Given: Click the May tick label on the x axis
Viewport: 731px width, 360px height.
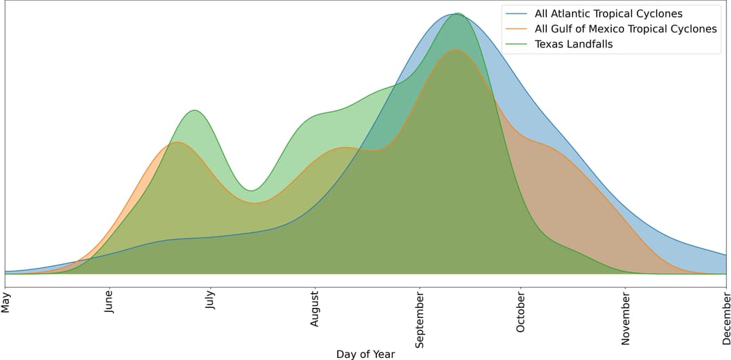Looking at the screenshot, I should tap(6, 302).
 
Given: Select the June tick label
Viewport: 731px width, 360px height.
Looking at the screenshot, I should tap(109, 303).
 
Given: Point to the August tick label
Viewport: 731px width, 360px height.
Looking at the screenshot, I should tap(314, 309).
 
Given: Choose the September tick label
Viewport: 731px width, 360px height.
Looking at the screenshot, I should tap(420, 318).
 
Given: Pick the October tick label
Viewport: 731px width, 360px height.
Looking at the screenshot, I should tap(520, 311).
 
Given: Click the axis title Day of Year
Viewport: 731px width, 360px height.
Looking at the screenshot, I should tap(365, 354).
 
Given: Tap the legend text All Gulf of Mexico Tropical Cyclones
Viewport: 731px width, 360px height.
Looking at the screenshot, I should tap(625, 29).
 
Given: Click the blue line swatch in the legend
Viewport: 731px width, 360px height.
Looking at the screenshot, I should tap(516, 14).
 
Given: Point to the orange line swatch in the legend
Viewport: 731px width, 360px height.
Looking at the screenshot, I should tap(516, 29).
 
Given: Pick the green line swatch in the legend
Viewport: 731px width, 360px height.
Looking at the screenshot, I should tap(516, 45).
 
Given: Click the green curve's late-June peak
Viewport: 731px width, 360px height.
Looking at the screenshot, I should tap(194, 110).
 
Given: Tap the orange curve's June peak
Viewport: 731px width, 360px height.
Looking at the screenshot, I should tap(177, 142).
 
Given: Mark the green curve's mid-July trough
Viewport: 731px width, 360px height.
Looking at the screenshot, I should tap(251, 190).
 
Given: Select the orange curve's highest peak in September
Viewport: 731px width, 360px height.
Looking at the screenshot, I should tap(456, 49).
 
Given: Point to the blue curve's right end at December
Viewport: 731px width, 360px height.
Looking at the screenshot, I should tap(726, 255).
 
